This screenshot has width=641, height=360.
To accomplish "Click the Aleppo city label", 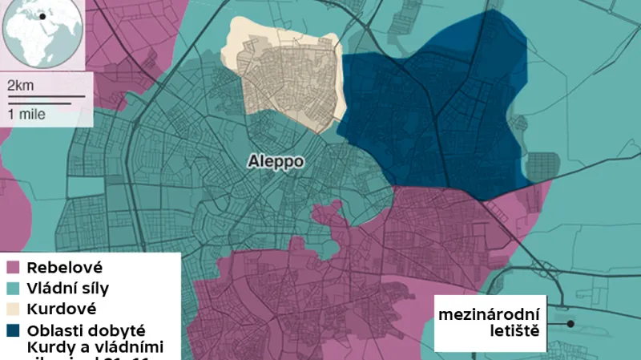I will (x=274, y=161).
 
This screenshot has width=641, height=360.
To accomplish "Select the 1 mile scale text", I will (x=26, y=114).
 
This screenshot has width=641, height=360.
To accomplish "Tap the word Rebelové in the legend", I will (x=64, y=267).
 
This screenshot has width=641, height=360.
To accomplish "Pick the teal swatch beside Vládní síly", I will (x=14, y=288).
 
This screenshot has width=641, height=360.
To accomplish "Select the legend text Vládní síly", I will (x=68, y=288).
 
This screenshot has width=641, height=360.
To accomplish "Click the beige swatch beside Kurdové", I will (x=14, y=309).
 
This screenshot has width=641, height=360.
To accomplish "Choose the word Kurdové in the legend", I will (x=61, y=309).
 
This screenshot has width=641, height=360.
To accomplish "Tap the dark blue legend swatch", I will (x=14, y=330).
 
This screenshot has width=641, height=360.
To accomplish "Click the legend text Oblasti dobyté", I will (x=85, y=330).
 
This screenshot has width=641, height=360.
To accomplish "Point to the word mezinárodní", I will (x=489, y=313).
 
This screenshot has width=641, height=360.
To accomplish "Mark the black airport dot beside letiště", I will (x=570, y=324).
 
